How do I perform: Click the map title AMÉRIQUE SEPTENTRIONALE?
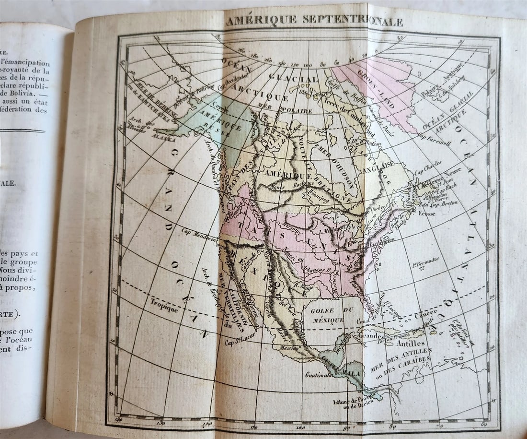[314, 21]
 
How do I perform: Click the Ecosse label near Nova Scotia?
[426, 213]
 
